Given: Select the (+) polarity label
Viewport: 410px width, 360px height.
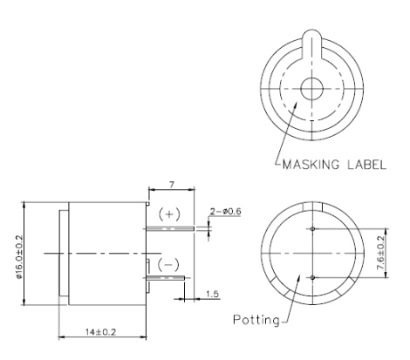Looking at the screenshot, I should [x=169, y=214].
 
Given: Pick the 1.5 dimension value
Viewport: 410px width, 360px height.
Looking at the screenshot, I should [x=211, y=294].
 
